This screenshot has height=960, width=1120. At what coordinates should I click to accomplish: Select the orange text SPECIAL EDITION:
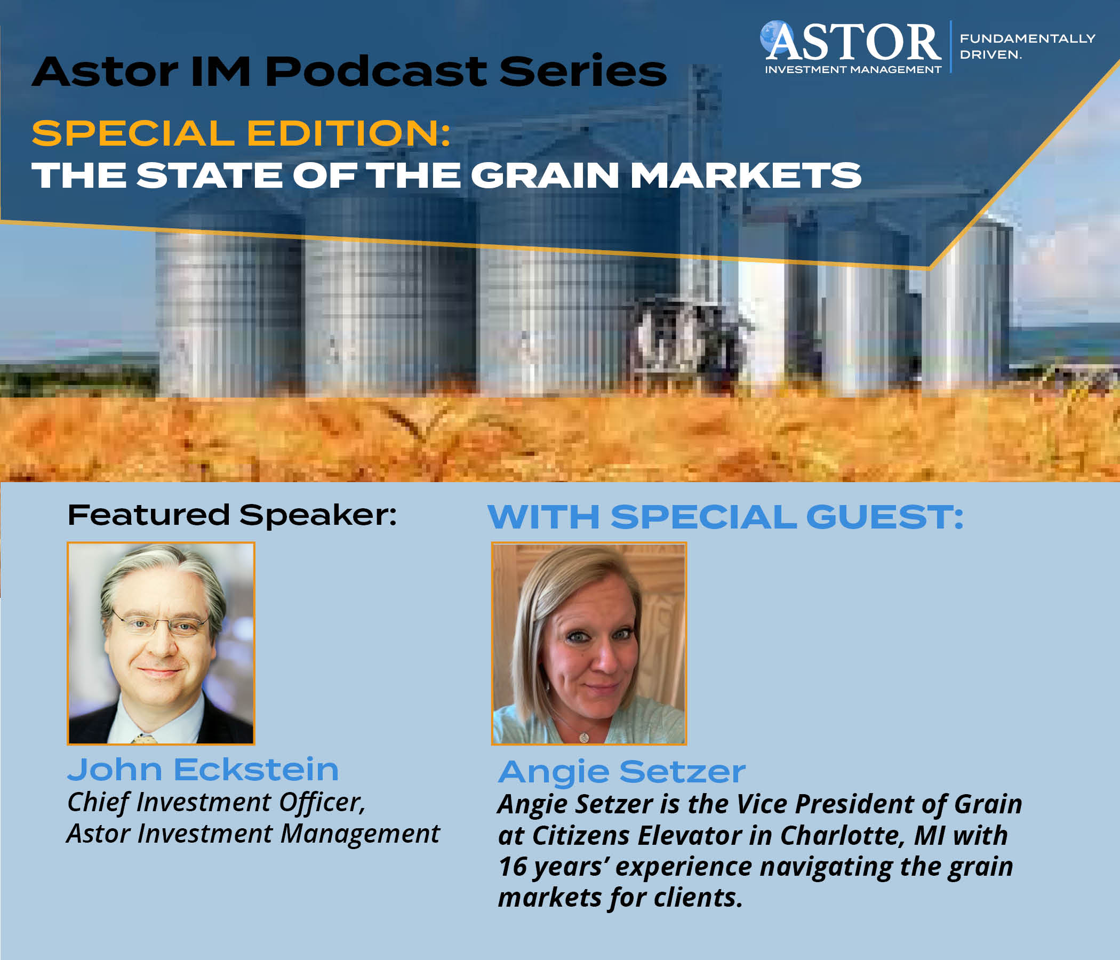coord(241,133)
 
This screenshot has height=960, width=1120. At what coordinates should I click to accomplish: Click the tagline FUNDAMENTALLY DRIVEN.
coord(1028,46)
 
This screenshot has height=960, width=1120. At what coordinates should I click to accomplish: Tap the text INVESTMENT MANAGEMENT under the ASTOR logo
coord(853,70)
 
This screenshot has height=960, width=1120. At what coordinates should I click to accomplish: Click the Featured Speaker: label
coord(232,515)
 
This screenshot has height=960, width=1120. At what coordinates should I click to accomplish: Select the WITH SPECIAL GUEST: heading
coord(725,517)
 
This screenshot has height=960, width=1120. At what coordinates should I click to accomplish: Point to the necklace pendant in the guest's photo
coord(584,735)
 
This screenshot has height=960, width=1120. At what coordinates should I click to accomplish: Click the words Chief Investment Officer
coord(216,803)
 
